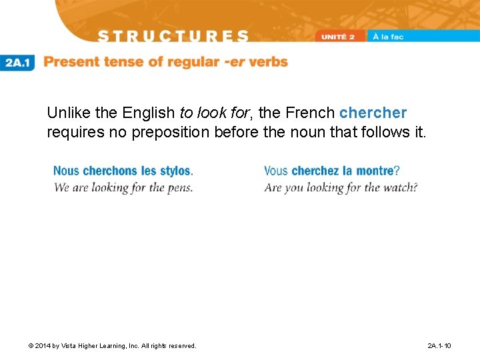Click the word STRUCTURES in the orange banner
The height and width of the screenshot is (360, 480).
173,36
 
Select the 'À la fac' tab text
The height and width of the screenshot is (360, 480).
388,37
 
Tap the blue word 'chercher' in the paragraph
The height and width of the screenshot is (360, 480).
373,113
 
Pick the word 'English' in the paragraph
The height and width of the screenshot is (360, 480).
149,113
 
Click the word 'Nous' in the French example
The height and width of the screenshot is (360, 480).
67,171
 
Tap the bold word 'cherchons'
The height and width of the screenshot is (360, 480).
111,171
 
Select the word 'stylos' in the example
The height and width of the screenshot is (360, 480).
175,171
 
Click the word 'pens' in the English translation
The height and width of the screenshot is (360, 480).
179,187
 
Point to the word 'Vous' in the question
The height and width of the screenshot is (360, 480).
276,171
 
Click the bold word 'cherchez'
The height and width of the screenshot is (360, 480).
315,171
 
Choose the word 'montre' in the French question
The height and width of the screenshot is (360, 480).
375,171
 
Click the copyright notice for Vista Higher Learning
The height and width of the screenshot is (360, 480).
113,345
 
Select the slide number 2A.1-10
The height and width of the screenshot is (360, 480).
439,345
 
